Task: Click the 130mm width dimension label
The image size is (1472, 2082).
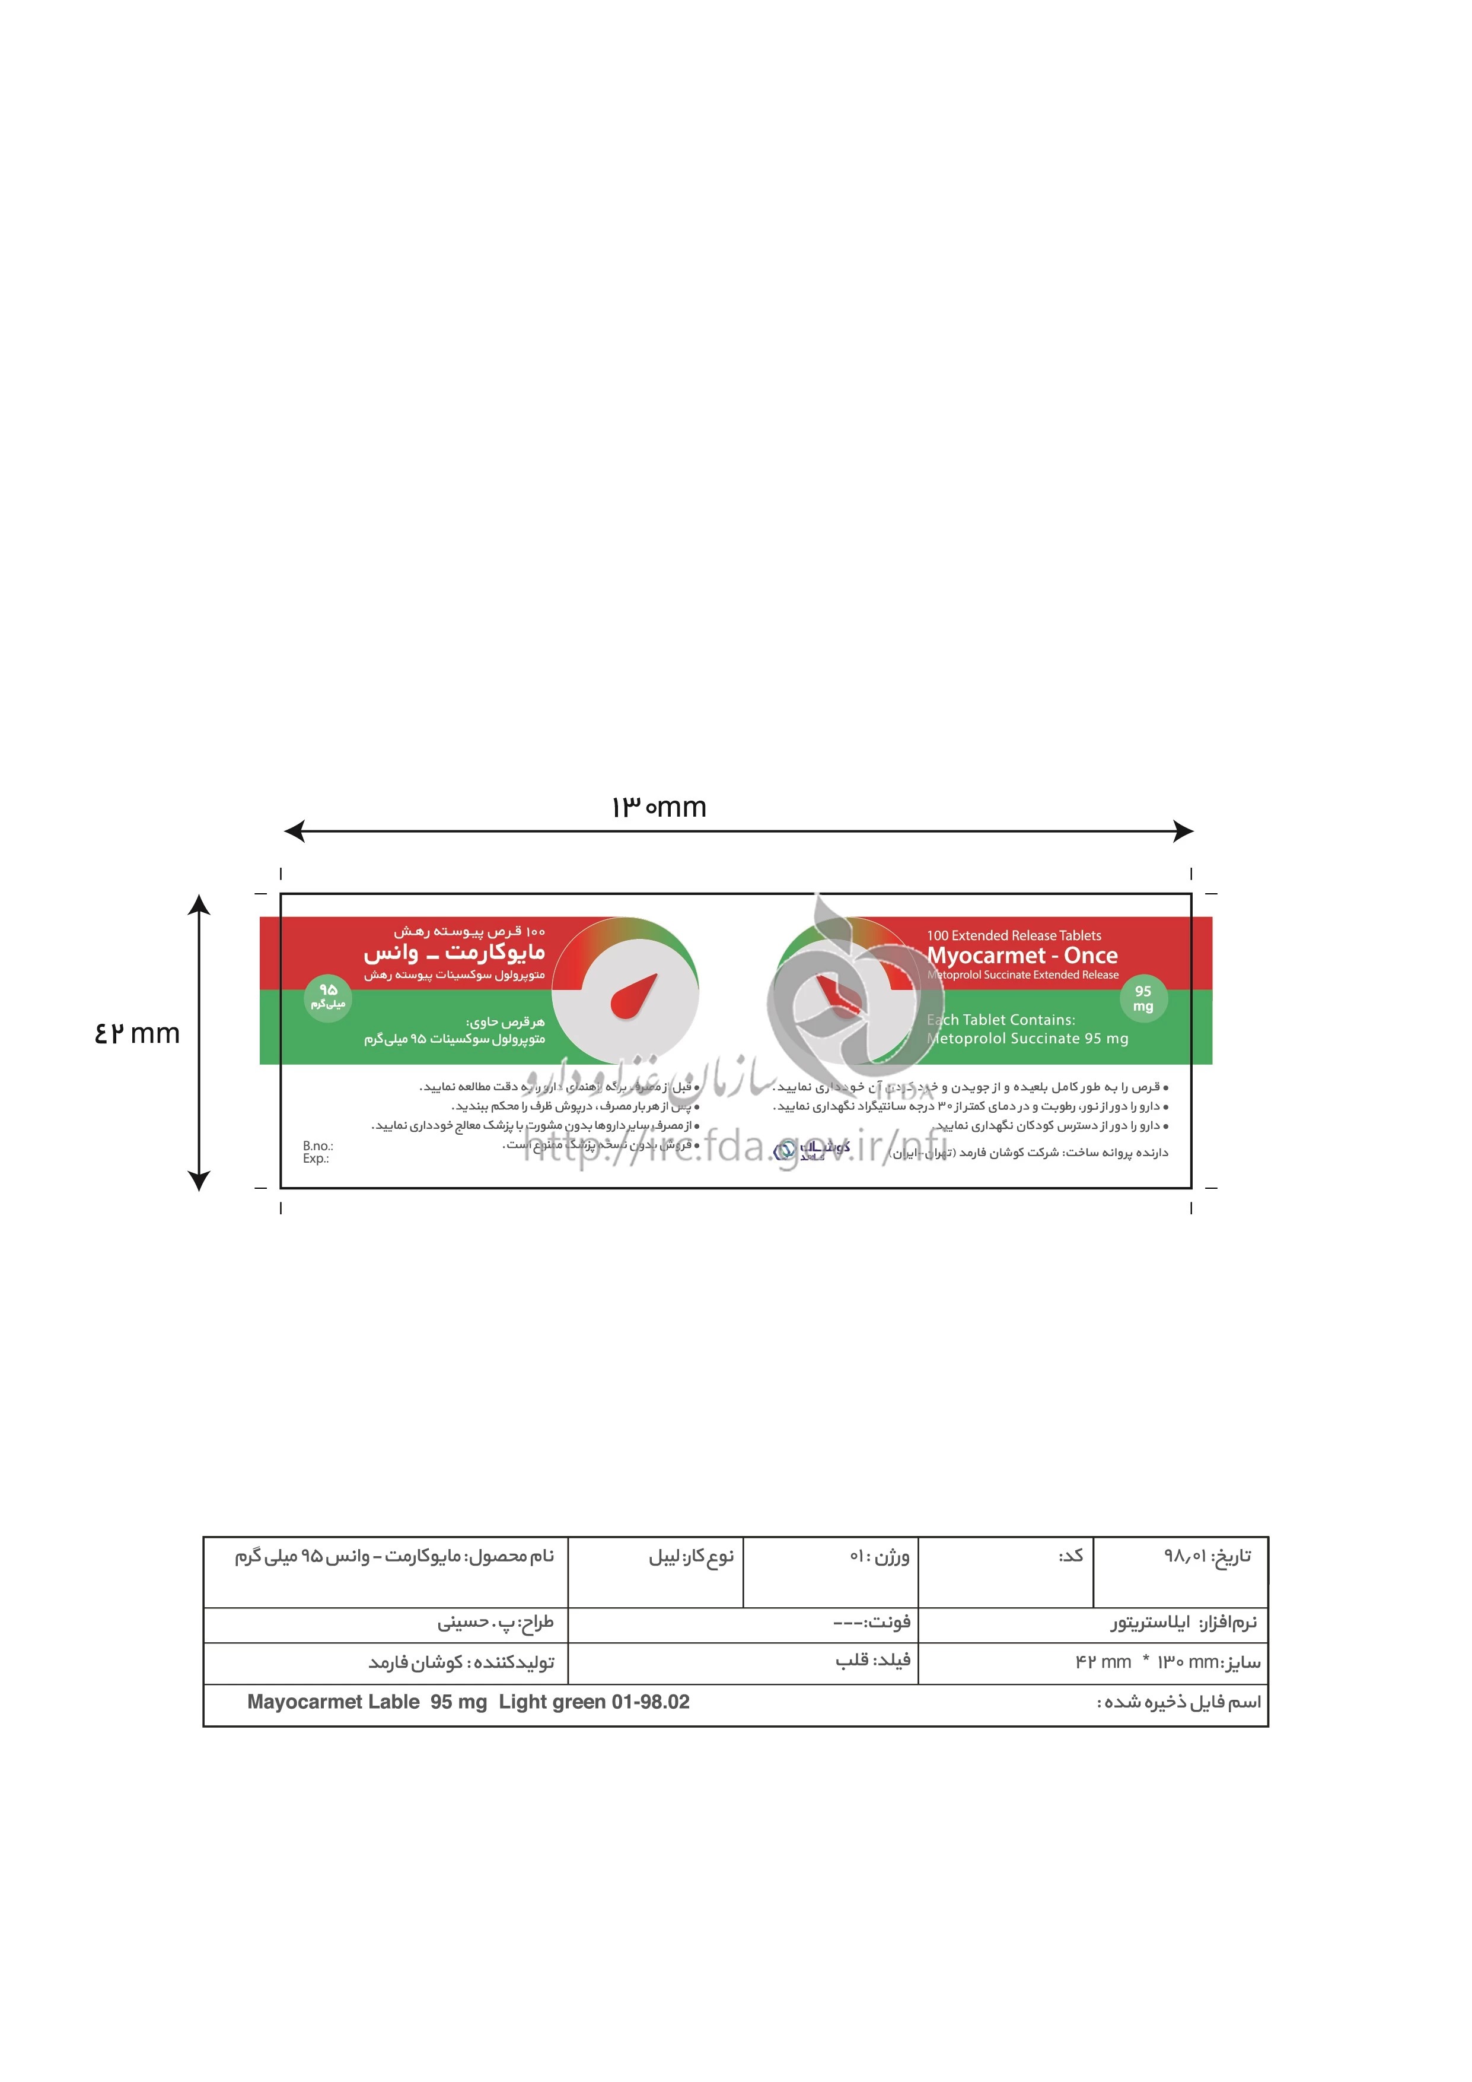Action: (659, 807)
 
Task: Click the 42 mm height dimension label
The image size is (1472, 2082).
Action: (137, 1034)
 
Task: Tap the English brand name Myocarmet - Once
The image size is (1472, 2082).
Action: (1021, 955)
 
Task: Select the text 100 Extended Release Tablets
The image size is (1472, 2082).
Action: (1014, 935)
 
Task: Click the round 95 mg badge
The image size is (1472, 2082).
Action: (1143, 998)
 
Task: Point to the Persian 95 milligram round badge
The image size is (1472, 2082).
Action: (327, 998)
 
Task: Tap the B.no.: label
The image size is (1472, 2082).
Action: (318, 1146)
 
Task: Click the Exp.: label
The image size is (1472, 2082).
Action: (316, 1159)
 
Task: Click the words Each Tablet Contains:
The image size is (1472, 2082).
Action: (1001, 1020)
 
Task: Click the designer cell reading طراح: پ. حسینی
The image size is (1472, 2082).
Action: (495, 1622)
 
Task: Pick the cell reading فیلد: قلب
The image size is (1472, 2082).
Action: (872, 1661)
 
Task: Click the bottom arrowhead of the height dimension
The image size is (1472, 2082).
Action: (199, 1180)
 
